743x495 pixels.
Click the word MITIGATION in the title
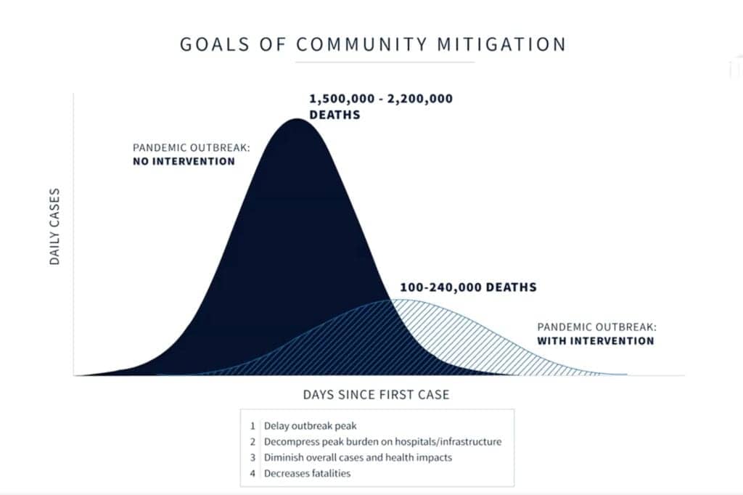(501, 44)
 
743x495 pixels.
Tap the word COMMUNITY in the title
(362, 44)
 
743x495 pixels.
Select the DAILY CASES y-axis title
(54, 226)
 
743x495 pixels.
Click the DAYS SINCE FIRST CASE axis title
(377, 395)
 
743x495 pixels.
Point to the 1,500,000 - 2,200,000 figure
(381, 99)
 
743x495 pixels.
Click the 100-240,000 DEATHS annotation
(468, 287)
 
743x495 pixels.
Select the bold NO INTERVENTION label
(184, 161)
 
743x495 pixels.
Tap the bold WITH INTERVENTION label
(596, 340)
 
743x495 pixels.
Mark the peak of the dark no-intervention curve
(297, 119)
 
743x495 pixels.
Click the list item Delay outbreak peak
(310, 426)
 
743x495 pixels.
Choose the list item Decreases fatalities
(307, 473)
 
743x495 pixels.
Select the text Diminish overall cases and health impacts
(358, 457)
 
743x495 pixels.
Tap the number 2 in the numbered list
(253, 442)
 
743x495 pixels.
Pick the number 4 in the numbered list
(253, 473)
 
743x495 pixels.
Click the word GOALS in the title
(215, 44)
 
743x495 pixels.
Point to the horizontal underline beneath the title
(385, 62)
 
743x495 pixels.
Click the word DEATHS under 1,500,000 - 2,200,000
(334, 115)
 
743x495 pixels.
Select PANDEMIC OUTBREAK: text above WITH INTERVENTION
(597, 327)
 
